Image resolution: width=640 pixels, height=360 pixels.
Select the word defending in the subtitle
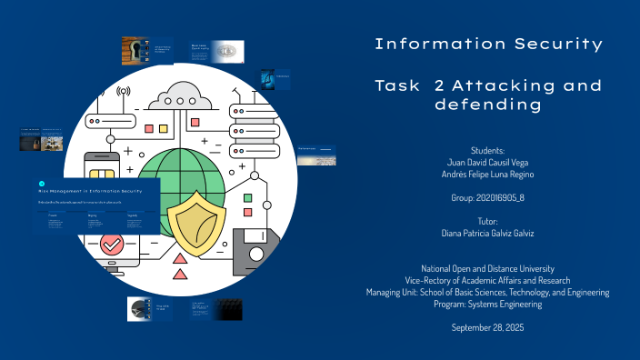pos(488,105)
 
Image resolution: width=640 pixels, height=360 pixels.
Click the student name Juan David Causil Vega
pos(489,160)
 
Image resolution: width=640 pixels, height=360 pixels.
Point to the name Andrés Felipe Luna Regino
pos(489,173)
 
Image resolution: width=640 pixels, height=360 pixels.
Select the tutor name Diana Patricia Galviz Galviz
pos(489,233)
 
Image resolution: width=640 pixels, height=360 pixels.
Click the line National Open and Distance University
pos(488,268)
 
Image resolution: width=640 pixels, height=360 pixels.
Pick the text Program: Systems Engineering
pos(488,304)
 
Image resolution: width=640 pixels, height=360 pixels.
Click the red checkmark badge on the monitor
pos(113,245)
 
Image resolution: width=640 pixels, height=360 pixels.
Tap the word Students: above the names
pos(488,148)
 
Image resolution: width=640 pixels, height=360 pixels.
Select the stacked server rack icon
pos(252,131)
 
